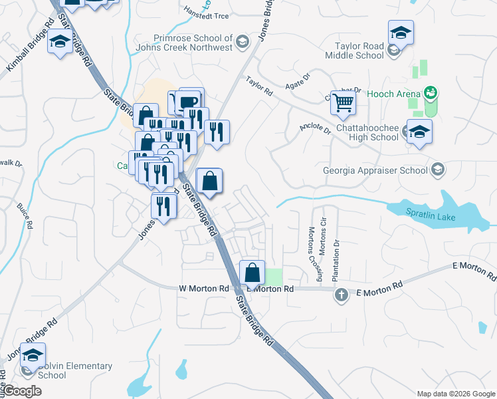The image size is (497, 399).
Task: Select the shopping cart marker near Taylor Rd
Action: [343, 102]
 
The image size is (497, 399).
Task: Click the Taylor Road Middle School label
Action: [354, 51]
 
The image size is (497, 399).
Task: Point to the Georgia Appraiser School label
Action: [375, 170]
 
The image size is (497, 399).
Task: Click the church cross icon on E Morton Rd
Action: [342, 295]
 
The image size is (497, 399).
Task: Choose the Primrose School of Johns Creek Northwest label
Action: [183, 43]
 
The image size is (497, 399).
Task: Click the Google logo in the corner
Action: [22, 390]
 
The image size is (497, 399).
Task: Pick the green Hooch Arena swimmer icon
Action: [431, 92]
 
